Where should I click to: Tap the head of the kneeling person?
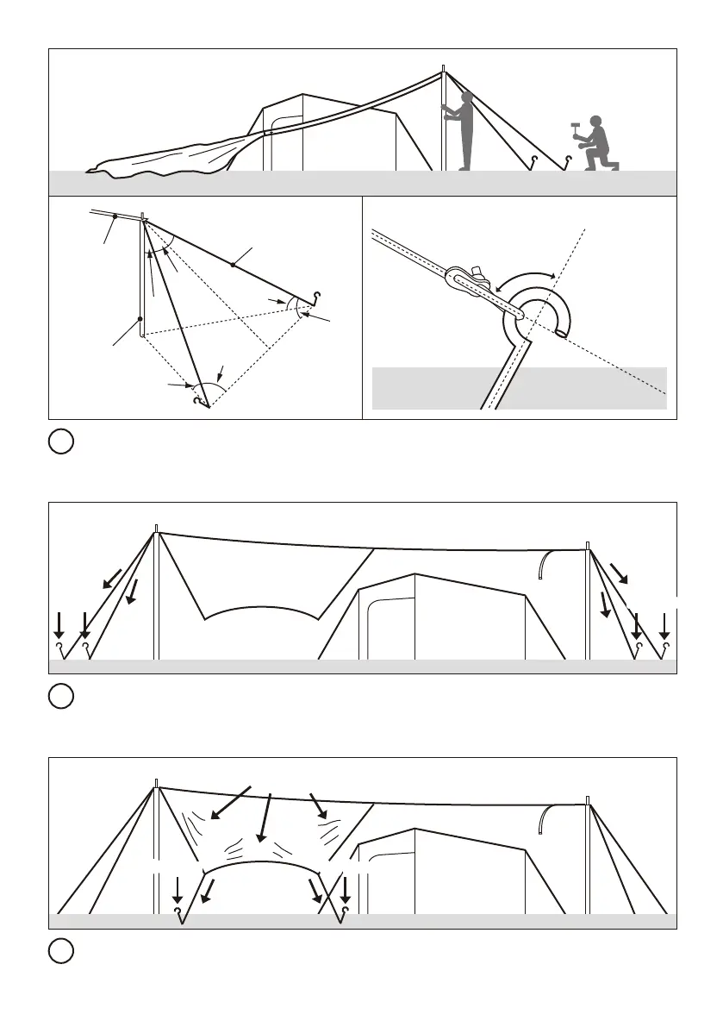coord(595,121)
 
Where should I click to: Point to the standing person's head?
coord(465,97)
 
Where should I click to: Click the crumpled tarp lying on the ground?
coord(164,160)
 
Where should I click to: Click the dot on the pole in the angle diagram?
coord(140,319)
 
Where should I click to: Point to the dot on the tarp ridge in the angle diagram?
coord(115,216)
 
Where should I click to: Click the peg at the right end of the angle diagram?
coord(318,296)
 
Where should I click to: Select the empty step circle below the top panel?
coord(59,442)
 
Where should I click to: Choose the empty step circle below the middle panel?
coord(59,697)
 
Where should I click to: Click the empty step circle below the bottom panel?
coord(59,952)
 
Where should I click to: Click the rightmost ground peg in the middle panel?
coord(664,646)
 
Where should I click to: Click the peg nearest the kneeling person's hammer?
coord(567,160)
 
